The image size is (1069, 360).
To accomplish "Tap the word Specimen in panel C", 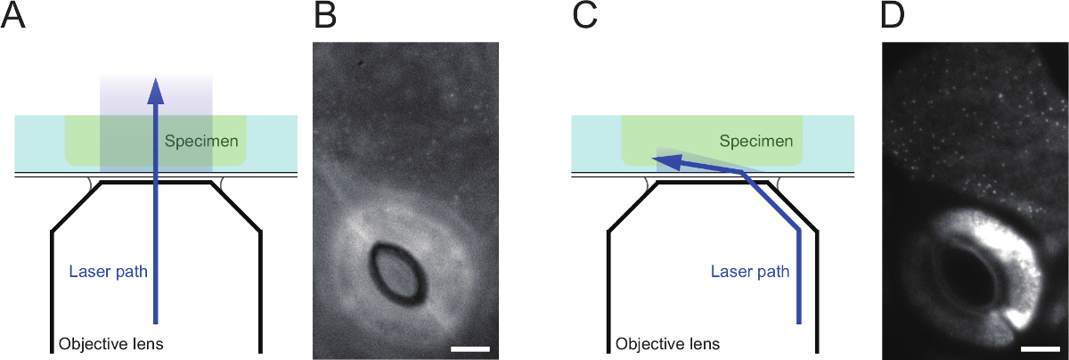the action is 755,142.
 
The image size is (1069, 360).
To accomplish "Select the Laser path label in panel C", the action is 750,270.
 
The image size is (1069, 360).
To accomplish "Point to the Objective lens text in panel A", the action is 110,343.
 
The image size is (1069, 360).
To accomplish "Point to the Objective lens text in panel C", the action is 667,343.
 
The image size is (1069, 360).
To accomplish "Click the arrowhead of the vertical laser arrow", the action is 156,88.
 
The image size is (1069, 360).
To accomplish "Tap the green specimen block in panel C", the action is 713,134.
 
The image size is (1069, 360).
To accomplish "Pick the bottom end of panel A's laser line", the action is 156,321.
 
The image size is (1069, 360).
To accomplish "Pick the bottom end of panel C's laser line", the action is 799,321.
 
